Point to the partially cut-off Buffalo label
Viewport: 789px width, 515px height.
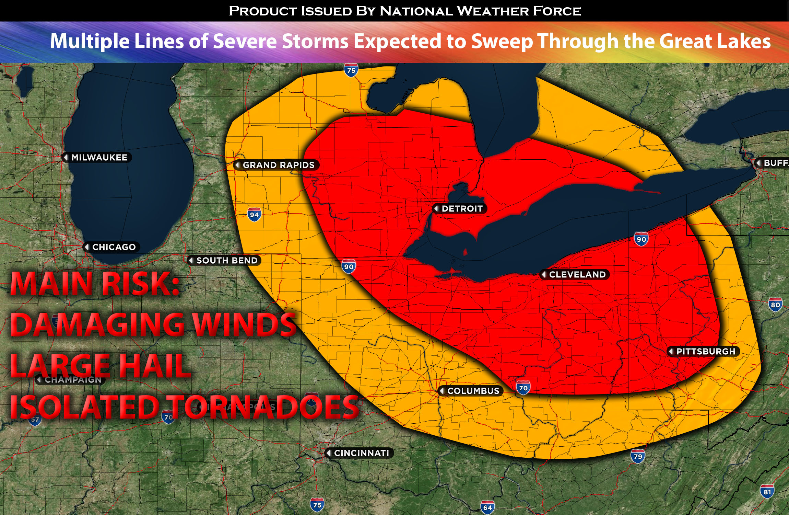[775, 163]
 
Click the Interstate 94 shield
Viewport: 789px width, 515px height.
[254, 215]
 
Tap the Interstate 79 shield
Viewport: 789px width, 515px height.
[638, 457]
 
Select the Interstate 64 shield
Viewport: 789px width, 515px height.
[487, 507]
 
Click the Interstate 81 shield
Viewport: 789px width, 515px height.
[767, 492]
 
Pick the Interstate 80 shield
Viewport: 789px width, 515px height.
[775, 305]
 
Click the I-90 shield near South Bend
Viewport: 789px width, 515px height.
[349, 267]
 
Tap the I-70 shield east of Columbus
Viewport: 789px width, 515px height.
[523, 388]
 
